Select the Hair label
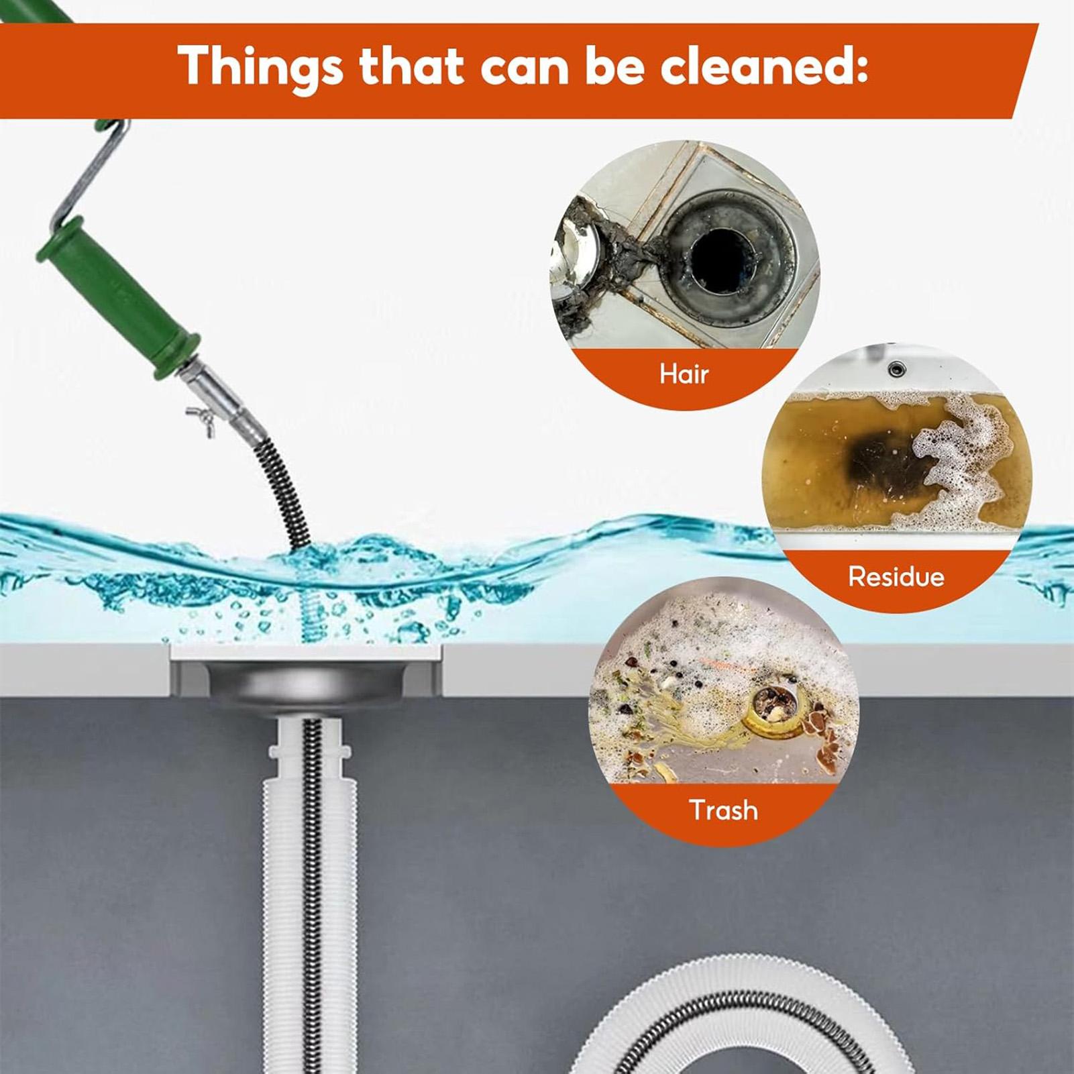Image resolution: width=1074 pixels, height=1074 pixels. point(684,374)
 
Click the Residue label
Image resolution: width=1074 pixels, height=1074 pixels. point(896,576)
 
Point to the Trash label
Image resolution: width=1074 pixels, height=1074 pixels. point(723,810)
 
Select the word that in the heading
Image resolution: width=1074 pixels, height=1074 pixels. point(411,66)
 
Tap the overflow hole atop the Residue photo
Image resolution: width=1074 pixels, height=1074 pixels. point(896,368)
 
